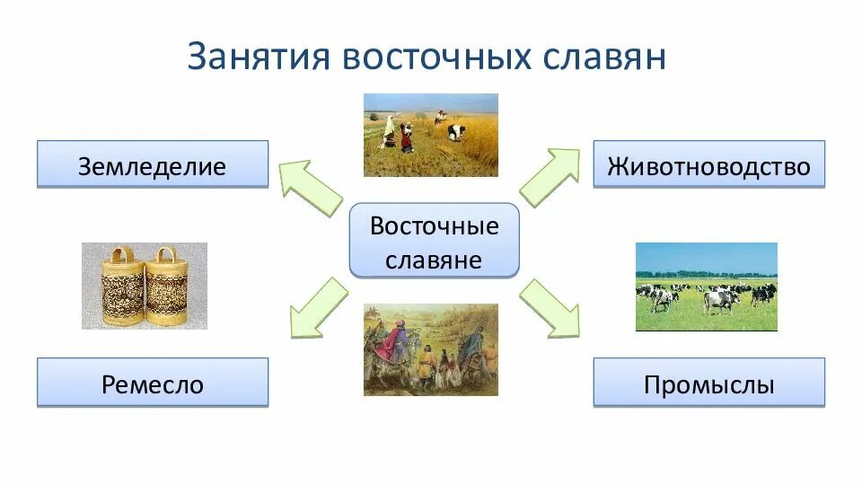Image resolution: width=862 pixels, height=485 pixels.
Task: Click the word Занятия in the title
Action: [x=259, y=57]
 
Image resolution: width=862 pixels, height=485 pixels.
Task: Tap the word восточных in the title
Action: [x=436, y=57]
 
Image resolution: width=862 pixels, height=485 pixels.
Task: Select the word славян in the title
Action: [x=604, y=57]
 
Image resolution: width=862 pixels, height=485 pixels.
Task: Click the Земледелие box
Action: [x=153, y=164]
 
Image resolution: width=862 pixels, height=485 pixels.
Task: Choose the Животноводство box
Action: [x=709, y=164]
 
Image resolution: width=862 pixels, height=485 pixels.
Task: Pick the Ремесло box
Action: [x=153, y=383]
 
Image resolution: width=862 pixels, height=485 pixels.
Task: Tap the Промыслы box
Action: [x=709, y=383]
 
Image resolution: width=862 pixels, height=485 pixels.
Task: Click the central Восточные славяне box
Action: [x=435, y=240]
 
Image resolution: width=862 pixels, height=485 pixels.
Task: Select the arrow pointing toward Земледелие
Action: [x=311, y=188]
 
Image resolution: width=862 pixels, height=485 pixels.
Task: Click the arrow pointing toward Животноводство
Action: [x=550, y=177]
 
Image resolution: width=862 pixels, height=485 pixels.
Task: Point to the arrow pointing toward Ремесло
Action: [x=319, y=308]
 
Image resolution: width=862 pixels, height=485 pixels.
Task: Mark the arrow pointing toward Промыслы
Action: [x=550, y=308]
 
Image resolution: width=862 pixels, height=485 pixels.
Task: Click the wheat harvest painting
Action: [x=431, y=136]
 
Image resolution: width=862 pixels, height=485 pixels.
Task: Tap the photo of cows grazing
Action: [x=707, y=287]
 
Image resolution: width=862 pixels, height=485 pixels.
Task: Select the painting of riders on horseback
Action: [x=431, y=349]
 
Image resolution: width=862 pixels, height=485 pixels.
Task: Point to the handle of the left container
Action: [x=123, y=255]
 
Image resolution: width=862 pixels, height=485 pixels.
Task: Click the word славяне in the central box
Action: [x=433, y=260]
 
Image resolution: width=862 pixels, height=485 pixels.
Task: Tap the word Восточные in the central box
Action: [x=435, y=226]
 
